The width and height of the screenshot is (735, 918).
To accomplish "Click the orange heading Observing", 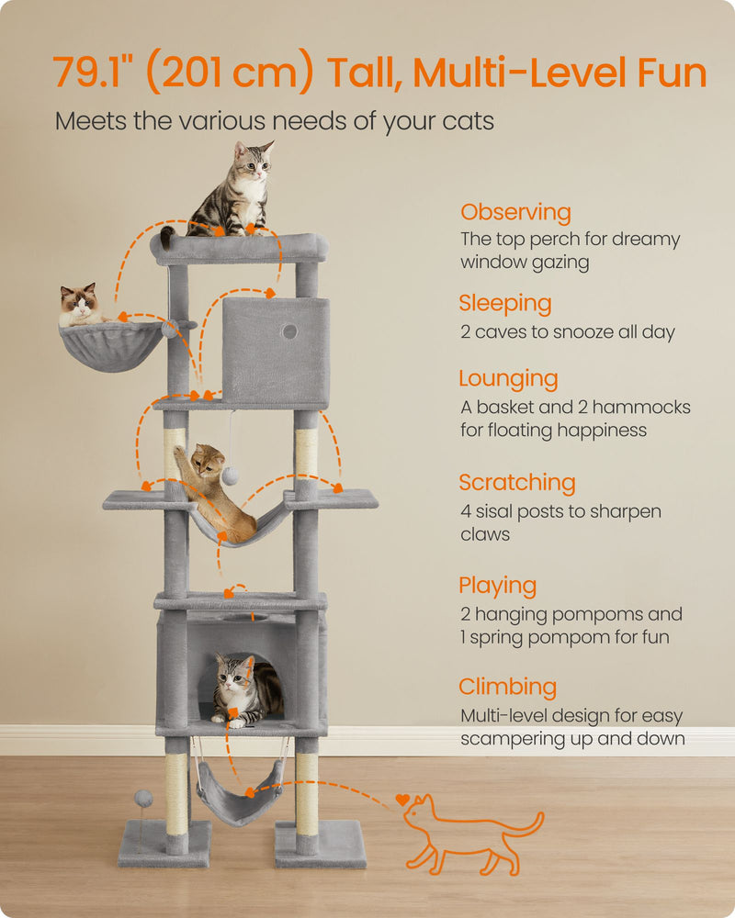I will tap(515, 212).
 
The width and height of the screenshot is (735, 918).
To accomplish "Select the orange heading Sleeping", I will tap(505, 304).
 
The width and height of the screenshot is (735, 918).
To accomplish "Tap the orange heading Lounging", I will tap(508, 379).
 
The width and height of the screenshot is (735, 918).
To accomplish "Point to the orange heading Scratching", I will tap(517, 483).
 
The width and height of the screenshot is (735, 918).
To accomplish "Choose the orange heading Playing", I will tap(497, 586).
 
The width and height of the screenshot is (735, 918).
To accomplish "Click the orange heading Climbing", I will tap(508, 687).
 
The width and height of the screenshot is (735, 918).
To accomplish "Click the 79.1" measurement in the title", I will tap(93, 73).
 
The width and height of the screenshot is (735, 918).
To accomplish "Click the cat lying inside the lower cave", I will tap(241, 688).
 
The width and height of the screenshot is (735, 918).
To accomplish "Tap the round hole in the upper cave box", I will tap(288, 330).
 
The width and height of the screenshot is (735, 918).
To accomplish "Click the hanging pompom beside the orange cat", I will tap(231, 475).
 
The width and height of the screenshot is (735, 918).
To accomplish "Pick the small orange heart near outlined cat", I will tap(401, 800).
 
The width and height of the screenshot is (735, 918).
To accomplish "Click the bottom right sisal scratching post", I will tap(307, 793).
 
